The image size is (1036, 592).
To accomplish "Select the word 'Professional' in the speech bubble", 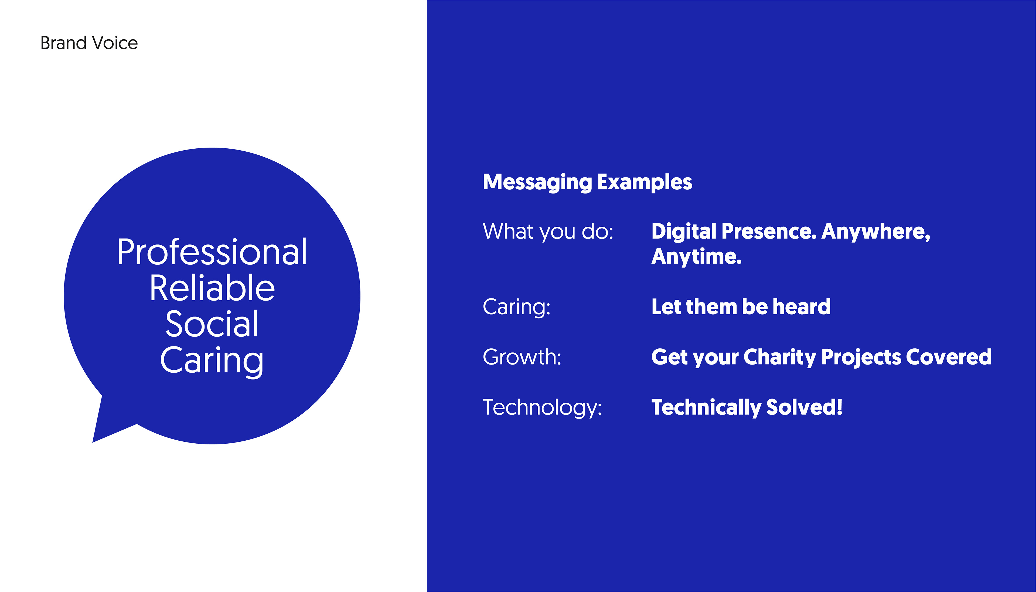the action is (x=212, y=252).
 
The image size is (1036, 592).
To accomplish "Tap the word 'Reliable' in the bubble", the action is (x=212, y=288).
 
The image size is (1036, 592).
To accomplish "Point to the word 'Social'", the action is (x=212, y=324).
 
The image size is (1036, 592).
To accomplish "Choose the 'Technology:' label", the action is (x=542, y=408).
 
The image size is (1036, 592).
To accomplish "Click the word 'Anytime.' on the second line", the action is (x=697, y=257).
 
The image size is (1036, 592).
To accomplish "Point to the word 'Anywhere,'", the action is (x=876, y=232).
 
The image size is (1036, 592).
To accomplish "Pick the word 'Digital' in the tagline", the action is (x=684, y=232).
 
